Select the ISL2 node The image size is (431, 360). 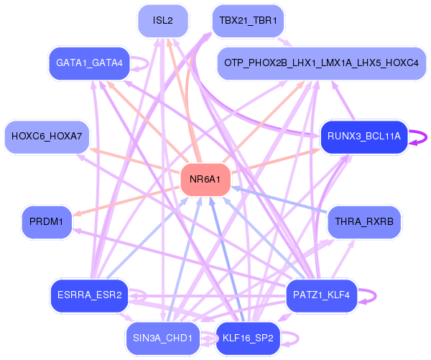click(163, 20)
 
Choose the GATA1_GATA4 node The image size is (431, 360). click(90, 63)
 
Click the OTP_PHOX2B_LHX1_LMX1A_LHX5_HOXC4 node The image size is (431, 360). click(321, 63)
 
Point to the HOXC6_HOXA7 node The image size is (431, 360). click(47, 136)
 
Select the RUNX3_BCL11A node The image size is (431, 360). click(363, 136)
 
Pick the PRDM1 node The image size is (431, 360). click(47, 222)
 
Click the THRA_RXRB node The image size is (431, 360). click(363, 222)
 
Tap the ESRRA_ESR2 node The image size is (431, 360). click(90, 295)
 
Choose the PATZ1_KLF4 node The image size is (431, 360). click(321, 295)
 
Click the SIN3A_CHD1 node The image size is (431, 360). click(163, 337)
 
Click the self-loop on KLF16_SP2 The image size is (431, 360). click(296, 337)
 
